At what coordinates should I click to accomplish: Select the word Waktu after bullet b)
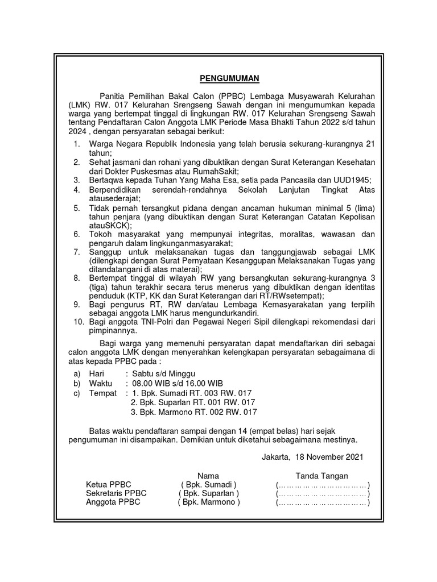pos(101,383)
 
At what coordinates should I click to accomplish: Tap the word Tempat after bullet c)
pos(103,393)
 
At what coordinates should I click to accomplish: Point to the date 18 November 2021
pos(328,456)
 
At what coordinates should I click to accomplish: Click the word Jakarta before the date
pos(275,456)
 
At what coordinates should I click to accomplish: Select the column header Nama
pos(208,476)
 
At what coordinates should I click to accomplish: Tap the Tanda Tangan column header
pos(321,476)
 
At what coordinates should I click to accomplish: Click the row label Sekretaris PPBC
pos(116,493)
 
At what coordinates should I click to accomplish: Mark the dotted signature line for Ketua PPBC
pos(323,485)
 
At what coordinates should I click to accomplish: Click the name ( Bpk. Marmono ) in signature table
pos(209,502)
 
